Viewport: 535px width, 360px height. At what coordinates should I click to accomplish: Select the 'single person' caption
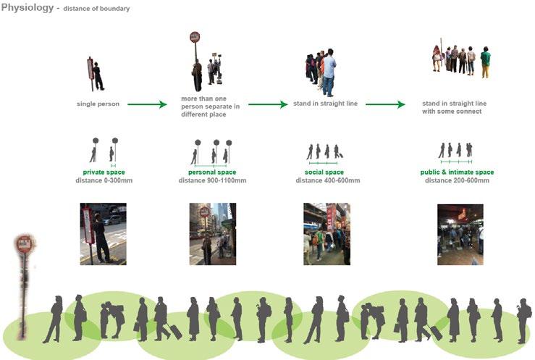pyautogui.click(x=98, y=104)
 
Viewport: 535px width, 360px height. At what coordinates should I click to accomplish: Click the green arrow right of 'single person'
pyautogui.click(x=148, y=104)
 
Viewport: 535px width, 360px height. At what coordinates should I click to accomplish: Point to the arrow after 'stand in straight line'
pyautogui.click(x=384, y=104)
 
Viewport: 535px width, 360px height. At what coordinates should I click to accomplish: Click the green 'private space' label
pyautogui.click(x=104, y=172)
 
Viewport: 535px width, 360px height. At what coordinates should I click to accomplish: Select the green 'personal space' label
pyautogui.click(x=212, y=172)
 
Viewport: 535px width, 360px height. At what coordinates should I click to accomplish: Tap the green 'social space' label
pyautogui.click(x=324, y=172)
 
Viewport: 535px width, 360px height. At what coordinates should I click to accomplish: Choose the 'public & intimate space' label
pyautogui.click(x=457, y=172)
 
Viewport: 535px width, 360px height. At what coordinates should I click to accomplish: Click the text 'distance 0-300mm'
pyautogui.click(x=104, y=180)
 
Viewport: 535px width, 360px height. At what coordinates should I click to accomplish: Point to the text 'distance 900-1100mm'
pyautogui.click(x=212, y=180)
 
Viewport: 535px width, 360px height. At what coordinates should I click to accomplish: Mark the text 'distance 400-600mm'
pyautogui.click(x=324, y=180)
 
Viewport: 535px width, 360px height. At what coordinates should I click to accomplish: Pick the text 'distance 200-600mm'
pyautogui.click(x=457, y=180)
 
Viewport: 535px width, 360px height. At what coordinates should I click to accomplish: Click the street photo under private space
pyautogui.click(x=103, y=233)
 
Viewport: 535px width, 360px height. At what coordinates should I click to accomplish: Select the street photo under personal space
pyautogui.click(x=212, y=233)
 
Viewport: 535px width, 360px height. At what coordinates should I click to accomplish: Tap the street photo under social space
pyautogui.click(x=327, y=233)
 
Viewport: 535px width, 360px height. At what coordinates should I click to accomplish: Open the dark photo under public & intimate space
pyautogui.click(x=460, y=233)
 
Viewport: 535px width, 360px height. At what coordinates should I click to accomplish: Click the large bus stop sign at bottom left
pyautogui.click(x=25, y=246)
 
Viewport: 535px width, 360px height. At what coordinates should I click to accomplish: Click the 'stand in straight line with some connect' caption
pyautogui.click(x=452, y=107)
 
